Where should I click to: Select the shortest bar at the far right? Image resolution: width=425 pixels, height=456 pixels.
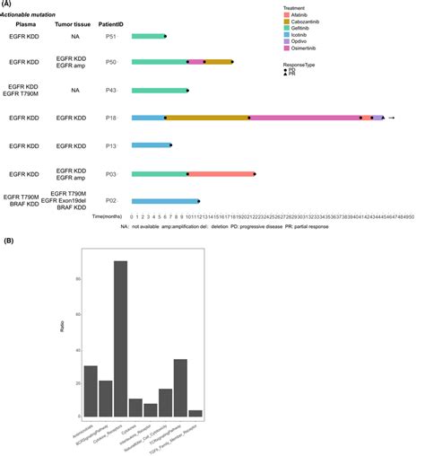pos(195,414)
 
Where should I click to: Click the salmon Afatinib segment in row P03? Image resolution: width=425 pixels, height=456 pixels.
pos(221,174)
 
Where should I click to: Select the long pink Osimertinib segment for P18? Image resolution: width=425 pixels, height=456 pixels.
pos(304,118)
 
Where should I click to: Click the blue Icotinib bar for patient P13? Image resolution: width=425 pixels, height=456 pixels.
pos(150,145)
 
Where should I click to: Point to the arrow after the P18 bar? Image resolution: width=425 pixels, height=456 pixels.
pos(392,118)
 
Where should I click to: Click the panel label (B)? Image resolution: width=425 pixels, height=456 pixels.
pos(8,241)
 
